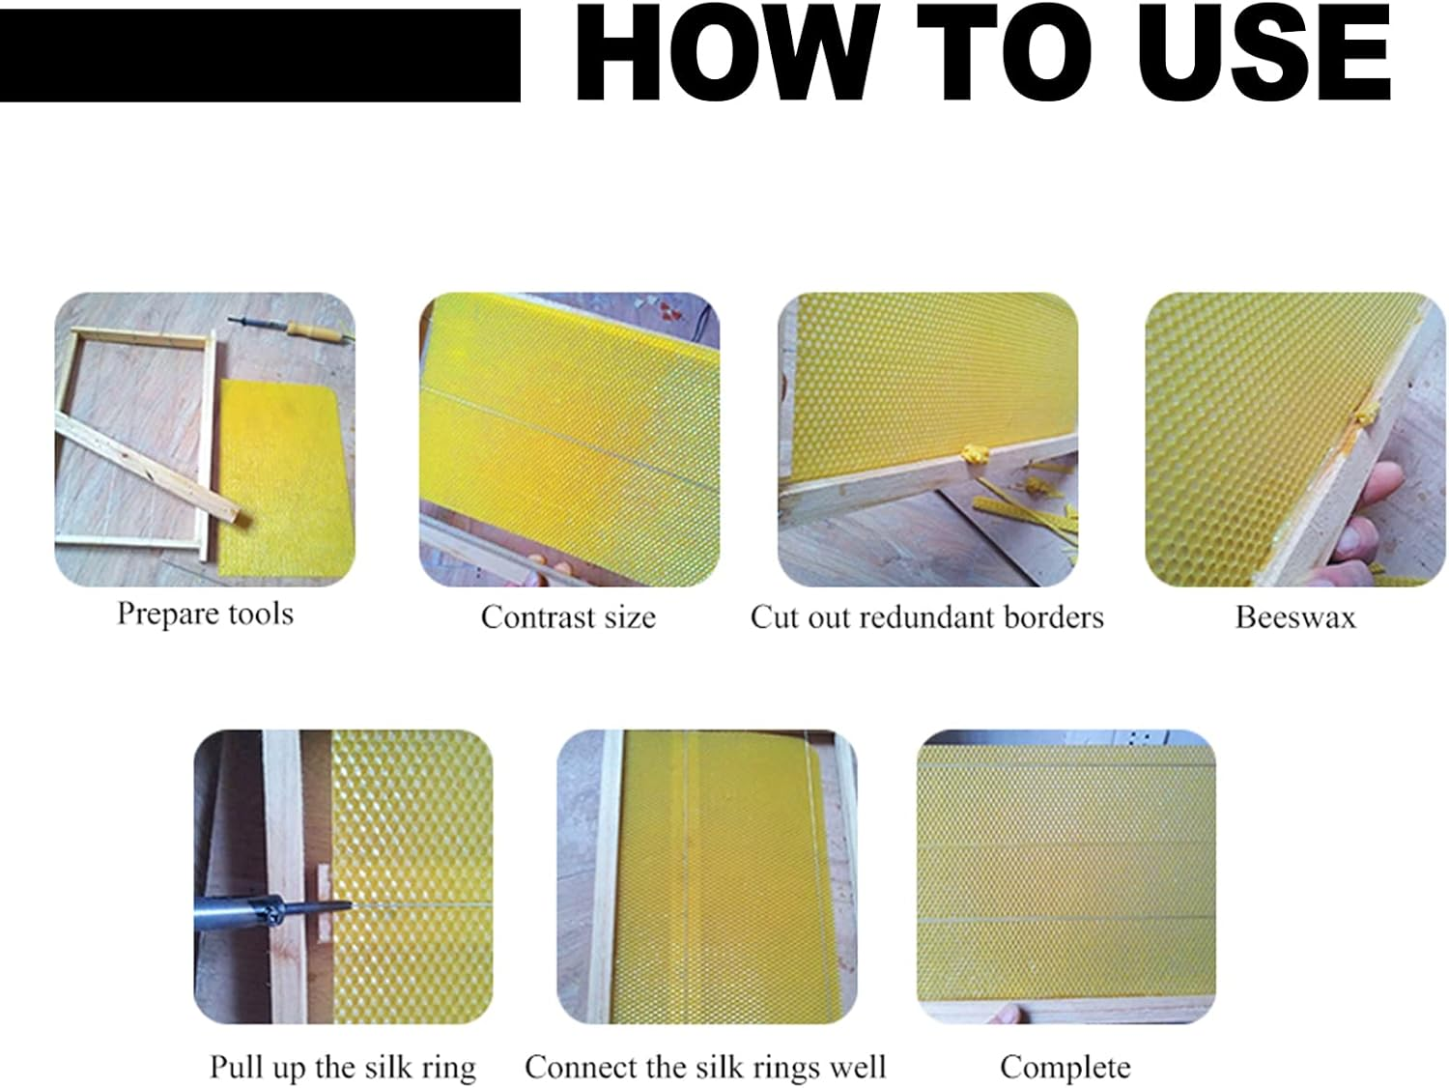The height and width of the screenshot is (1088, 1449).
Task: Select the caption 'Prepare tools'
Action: [205, 614]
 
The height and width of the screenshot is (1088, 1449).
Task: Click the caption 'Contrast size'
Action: [568, 617]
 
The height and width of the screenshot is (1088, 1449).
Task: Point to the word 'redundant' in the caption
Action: [917, 617]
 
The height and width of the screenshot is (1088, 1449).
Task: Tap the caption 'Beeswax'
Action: [1294, 617]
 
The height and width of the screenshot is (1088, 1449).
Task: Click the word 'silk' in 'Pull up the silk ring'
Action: [388, 1067]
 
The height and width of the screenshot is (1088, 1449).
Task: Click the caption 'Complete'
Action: [1065, 1067]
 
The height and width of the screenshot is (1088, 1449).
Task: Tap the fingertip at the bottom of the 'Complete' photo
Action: [1010, 1014]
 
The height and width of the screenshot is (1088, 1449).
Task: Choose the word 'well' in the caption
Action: [861, 1067]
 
